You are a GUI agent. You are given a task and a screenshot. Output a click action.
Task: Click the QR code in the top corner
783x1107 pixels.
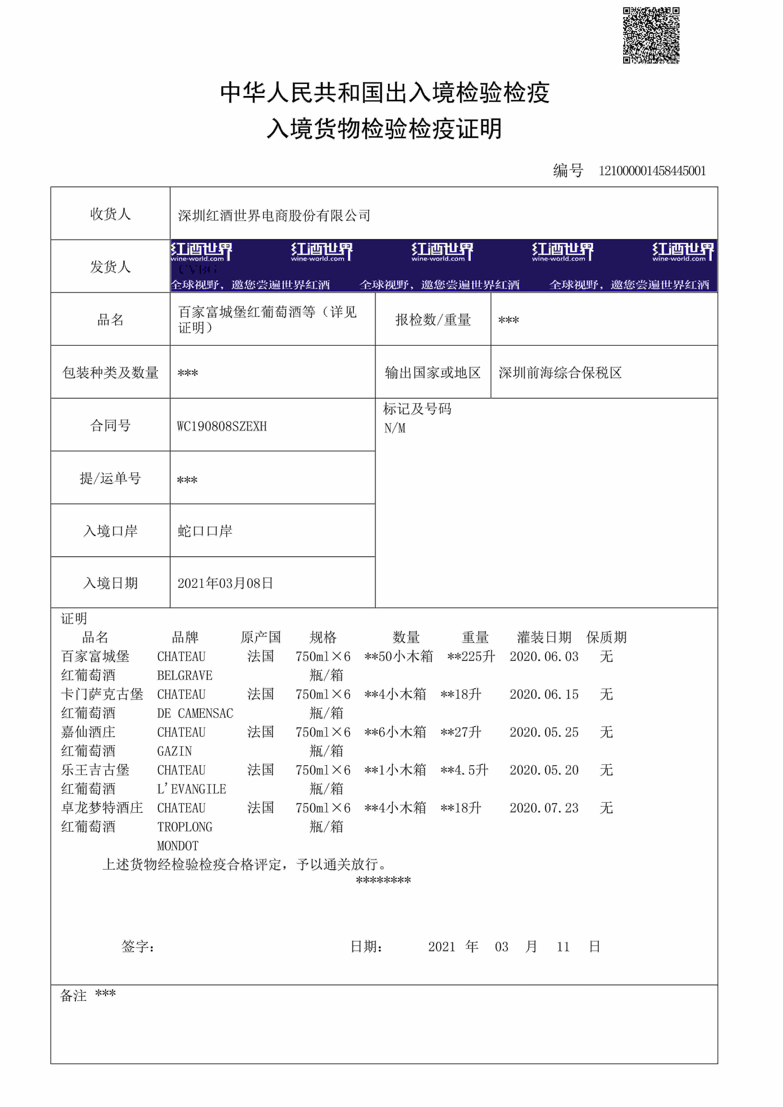coord(651,35)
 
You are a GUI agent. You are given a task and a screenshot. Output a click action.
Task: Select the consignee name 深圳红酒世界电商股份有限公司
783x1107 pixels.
coord(274,215)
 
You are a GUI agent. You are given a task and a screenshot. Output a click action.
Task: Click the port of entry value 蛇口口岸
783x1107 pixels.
coord(205,531)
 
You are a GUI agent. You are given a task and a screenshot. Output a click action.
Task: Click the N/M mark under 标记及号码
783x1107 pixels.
coord(395,428)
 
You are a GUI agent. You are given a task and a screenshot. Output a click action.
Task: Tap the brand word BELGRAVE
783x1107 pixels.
coord(185,675)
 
